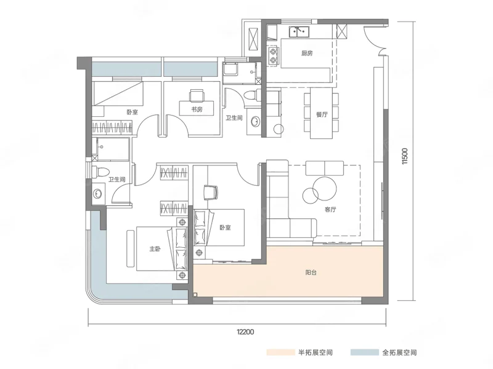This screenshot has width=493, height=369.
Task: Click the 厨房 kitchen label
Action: pos(306,54)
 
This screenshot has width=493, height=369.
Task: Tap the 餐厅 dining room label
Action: pos(322,114)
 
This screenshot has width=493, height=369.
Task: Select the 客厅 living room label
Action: pos(330,210)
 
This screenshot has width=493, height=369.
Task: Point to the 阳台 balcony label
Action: pos(311,272)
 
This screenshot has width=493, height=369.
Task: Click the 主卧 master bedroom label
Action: pos(155,249)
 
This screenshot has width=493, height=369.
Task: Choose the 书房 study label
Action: pos(197,109)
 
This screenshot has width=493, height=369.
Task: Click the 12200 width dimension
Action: pos(245,331)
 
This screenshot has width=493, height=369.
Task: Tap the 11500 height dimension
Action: pos(405,156)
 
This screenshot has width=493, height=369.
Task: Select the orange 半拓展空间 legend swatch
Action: pos(281,352)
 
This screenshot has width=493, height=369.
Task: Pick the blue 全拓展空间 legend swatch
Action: pos(365,352)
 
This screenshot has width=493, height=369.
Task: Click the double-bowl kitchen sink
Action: pos(299,31)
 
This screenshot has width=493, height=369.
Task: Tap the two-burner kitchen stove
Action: pos(273,55)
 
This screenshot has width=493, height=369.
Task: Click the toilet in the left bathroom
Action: pos(100,172)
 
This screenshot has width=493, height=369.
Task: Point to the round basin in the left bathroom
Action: pos(97,194)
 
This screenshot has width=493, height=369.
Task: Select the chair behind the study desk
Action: pos(197,95)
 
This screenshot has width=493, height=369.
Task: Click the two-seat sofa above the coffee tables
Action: pos(325,168)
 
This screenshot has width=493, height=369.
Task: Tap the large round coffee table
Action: pos(325,189)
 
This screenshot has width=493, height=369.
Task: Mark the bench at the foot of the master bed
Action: pos(131,248)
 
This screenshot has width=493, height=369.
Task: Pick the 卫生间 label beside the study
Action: pos(234,118)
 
